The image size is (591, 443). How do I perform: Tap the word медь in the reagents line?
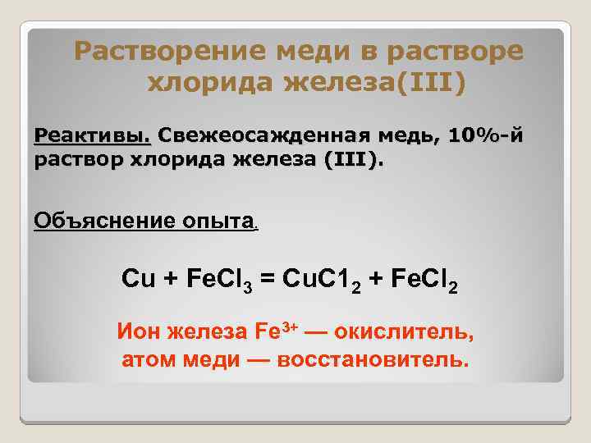[409, 134]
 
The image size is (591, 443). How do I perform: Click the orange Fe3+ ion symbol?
[275, 332]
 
